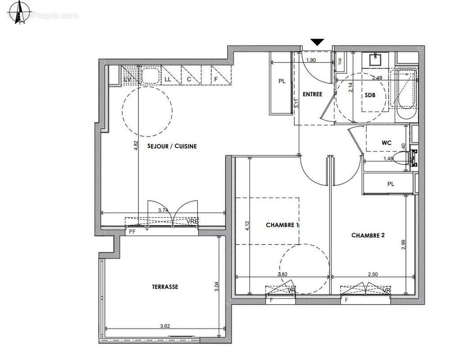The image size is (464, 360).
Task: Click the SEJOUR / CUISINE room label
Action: (x=172, y=146)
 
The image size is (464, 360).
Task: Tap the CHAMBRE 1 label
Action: (x=282, y=225)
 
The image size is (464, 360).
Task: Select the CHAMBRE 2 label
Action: (x=368, y=235)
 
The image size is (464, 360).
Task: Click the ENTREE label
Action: (x=312, y=94)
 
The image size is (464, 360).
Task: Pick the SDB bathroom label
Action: (x=370, y=96)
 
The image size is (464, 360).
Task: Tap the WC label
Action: (x=387, y=143)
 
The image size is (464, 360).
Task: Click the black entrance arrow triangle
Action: (x=317, y=42)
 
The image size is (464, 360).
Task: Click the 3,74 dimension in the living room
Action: (x=163, y=210)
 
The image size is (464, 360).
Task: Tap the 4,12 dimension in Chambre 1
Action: (x=247, y=225)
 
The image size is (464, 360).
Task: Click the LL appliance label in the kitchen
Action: (x=168, y=79)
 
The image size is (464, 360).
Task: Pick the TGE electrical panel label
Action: (x=340, y=60)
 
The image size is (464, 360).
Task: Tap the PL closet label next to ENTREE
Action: (x=281, y=81)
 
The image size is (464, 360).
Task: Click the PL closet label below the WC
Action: (x=391, y=184)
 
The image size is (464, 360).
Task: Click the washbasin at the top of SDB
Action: (x=376, y=59)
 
